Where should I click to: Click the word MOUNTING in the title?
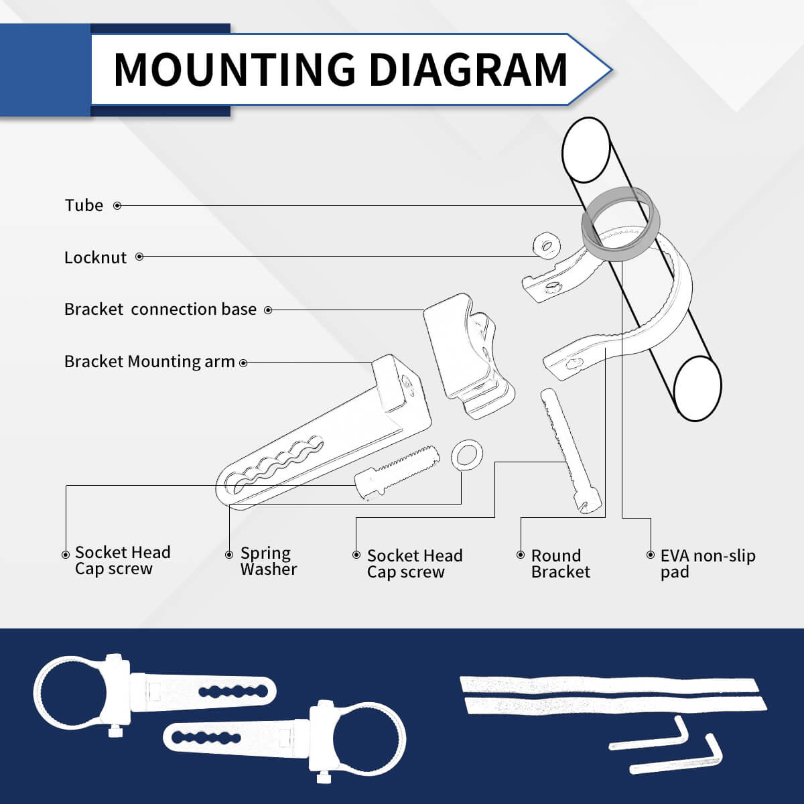point(234,69)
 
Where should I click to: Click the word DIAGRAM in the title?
point(468,69)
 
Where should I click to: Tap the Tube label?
point(84,205)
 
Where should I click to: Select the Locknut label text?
point(95,257)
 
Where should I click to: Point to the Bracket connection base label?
point(160,309)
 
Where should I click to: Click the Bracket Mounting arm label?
point(149,362)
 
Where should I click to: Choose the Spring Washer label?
point(268,561)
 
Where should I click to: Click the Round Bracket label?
point(560,563)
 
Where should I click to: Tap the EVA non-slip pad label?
point(708,563)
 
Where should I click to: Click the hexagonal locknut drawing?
point(546,245)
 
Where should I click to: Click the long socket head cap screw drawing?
point(571,451)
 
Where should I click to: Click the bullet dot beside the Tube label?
point(118,206)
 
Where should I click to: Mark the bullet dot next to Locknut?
point(140,257)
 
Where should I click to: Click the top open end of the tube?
point(586,150)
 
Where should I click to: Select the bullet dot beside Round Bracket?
point(521,555)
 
